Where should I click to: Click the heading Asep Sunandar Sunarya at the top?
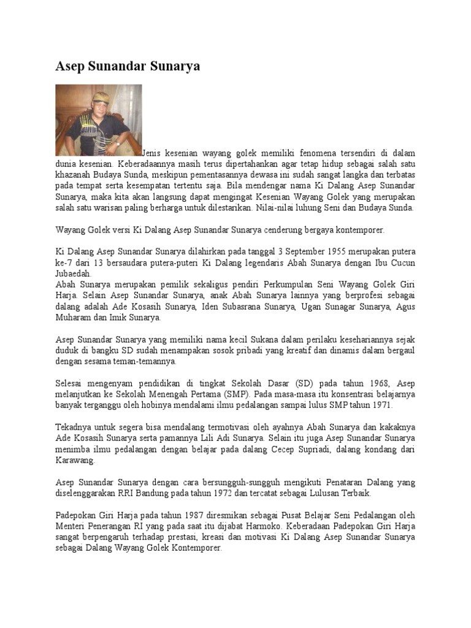(x=128, y=66)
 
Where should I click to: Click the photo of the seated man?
(x=98, y=120)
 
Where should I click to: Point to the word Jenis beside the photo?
(x=153, y=153)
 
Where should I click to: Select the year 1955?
(x=353, y=252)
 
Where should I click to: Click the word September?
(x=314, y=252)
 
